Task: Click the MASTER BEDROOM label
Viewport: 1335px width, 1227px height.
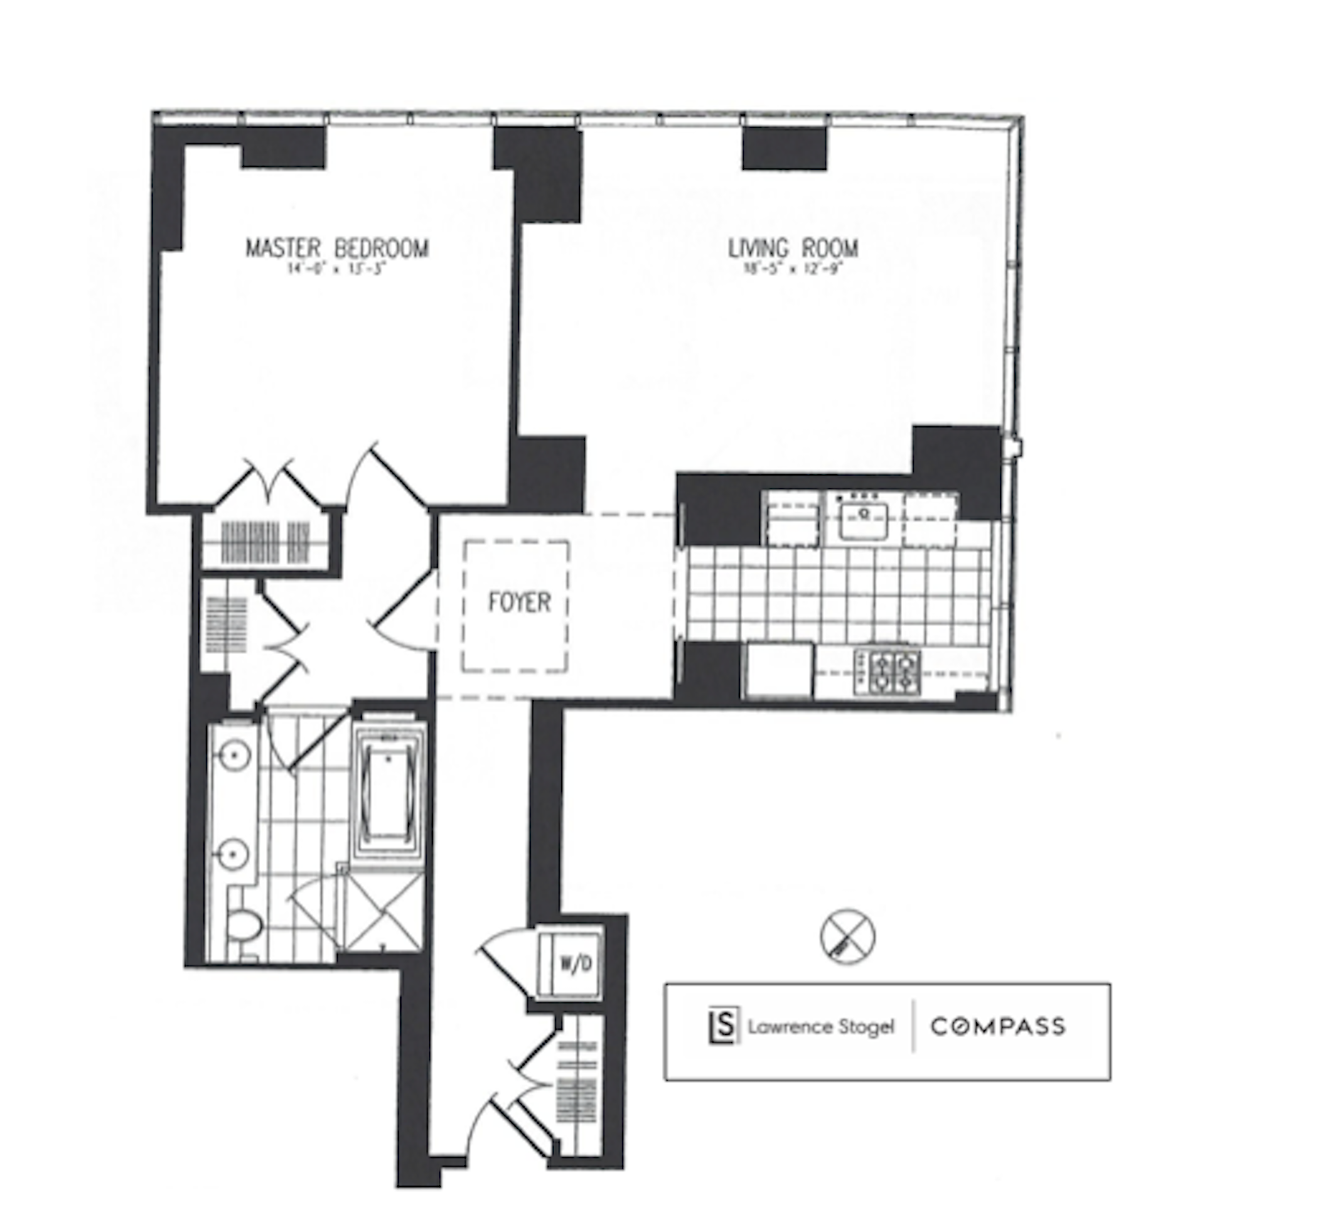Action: pyautogui.click(x=337, y=248)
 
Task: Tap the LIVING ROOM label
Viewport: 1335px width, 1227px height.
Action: pyautogui.click(x=793, y=248)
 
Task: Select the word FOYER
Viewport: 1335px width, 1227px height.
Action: pyautogui.click(x=520, y=602)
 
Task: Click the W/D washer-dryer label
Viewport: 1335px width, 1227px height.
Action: pyautogui.click(x=576, y=963)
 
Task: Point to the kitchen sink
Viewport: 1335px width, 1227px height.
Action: pyautogui.click(x=864, y=520)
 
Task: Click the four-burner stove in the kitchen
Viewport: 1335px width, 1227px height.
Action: pyautogui.click(x=888, y=671)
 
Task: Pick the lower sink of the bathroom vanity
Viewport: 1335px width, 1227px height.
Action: pyautogui.click(x=232, y=852)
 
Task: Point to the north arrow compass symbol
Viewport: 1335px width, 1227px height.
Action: pyautogui.click(x=847, y=936)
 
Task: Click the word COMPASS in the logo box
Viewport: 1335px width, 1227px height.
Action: pyautogui.click(x=998, y=1027)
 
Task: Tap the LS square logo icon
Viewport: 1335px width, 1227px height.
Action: pyautogui.click(x=724, y=1026)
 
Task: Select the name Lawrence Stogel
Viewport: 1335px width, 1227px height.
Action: pyautogui.click(x=821, y=1027)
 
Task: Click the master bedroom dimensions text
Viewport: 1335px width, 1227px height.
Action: pyautogui.click(x=337, y=269)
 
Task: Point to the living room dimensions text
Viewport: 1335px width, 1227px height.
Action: pyautogui.click(x=793, y=269)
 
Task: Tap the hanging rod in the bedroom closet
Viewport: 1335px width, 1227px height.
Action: pyautogui.click(x=265, y=542)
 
